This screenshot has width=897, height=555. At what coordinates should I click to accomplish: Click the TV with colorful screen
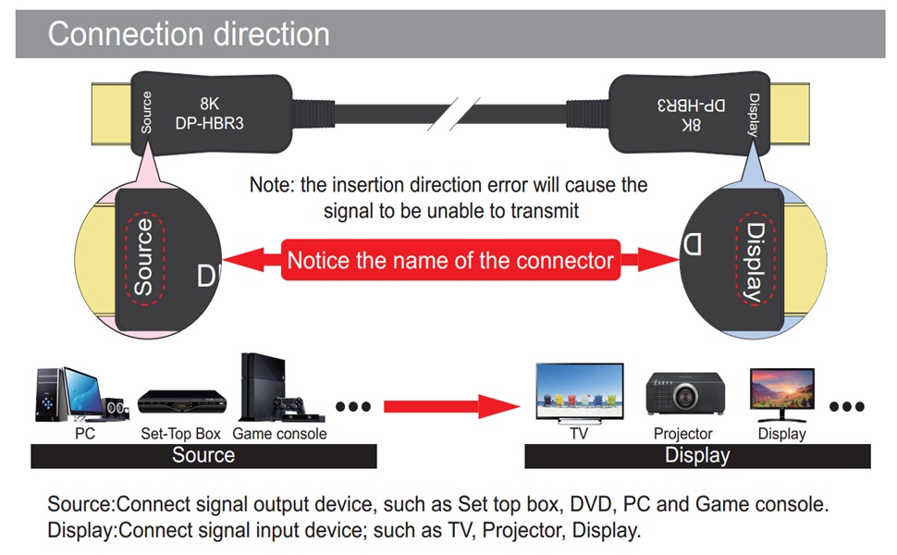(579, 392)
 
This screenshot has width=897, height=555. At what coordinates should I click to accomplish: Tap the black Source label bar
(203, 455)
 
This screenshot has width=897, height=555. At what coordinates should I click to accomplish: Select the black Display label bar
(697, 455)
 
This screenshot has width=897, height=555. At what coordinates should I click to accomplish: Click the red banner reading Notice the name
(450, 260)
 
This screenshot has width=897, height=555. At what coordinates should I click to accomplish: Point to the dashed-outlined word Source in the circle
(143, 256)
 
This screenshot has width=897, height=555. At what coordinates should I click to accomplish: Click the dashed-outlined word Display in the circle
(755, 262)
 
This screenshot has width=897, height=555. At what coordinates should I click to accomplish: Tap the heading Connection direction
(189, 34)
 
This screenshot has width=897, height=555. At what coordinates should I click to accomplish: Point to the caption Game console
(279, 433)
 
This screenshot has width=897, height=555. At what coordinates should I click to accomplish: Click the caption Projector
(682, 433)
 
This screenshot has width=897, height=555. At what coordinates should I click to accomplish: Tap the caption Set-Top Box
(180, 433)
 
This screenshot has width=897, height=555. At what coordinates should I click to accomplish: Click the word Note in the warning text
(271, 185)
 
